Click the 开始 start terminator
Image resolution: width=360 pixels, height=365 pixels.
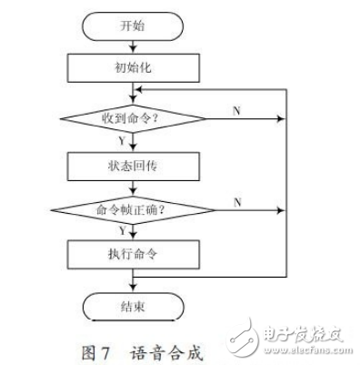134,27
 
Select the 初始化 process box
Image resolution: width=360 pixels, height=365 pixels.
134,67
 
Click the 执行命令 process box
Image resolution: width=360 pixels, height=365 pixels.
134,252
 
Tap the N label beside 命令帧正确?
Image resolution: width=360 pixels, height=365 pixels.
236,200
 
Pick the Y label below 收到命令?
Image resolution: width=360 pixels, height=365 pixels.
122,141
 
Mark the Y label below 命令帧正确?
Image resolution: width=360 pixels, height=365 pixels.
122,231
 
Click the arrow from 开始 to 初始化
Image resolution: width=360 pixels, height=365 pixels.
134,47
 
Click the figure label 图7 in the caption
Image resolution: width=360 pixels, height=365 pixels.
94,346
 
